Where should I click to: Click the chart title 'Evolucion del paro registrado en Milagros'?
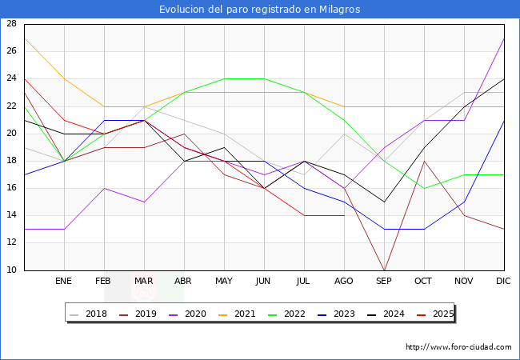(x=259, y=10)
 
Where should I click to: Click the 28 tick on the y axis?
(x=11, y=24)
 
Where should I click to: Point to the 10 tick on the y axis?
(x=11, y=270)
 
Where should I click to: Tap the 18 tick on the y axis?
(x=11, y=161)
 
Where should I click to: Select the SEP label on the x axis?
(x=384, y=282)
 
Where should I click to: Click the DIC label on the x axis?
(x=503, y=282)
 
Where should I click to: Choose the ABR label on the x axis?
(x=184, y=282)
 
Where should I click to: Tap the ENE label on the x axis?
(x=64, y=282)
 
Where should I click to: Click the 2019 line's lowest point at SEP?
(x=384, y=270)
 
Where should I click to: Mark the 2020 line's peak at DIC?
(x=504, y=38)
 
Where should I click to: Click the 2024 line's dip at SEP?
(x=384, y=202)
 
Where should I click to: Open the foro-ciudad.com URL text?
(x=458, y=347)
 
